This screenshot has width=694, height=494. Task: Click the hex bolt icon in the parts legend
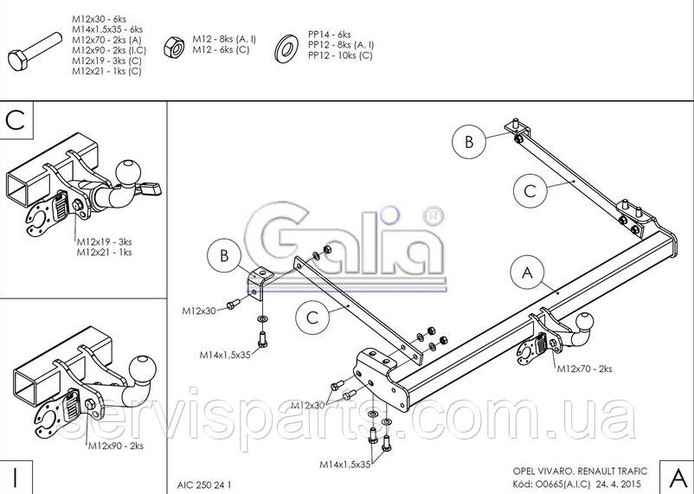pos(35,52)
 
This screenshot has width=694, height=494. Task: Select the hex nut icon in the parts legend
pos(174,47)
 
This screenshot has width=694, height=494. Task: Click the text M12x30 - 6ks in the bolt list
pos(100,19)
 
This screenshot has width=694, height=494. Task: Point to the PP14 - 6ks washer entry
pos(330,35)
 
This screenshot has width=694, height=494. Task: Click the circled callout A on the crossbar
pos(528,273)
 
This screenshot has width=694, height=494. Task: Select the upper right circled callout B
pos(469,142)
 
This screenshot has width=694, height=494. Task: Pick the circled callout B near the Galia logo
pos(224,256)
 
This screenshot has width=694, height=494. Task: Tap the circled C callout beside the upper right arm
pos(530,191)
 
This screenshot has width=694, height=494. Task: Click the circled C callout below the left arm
pos(312,318)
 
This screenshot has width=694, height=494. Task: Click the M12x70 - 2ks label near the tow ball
pos(584,369)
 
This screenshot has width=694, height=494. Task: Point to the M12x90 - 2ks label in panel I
pos(116,446)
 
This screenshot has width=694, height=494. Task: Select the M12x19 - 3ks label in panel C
pos(105,241)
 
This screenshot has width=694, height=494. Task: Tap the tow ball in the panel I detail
pos(143,368)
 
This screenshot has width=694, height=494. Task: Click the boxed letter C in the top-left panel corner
pos(16,120)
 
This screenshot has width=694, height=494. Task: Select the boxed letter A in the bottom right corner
pos(677,478)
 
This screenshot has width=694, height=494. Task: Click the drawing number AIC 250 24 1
pos(204,485)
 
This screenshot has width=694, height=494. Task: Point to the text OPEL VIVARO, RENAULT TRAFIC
pos(580,472)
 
